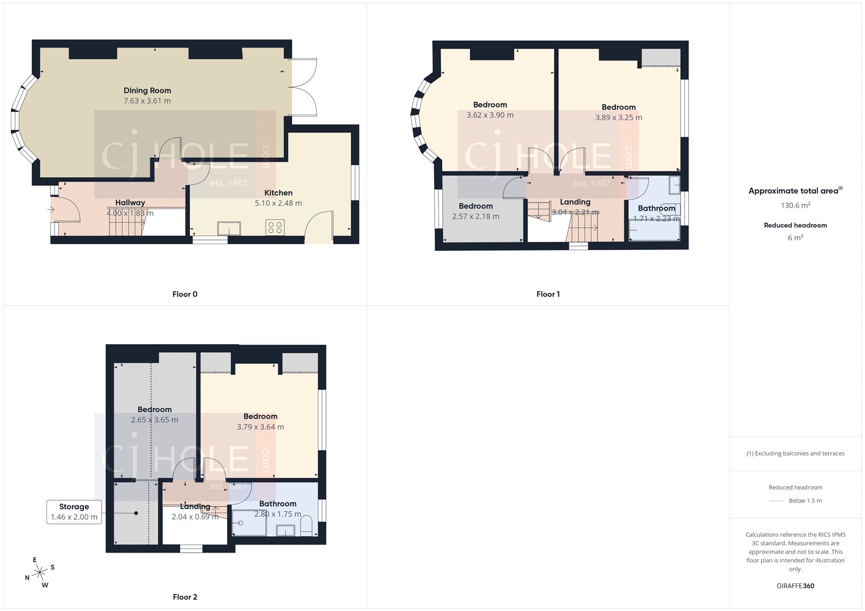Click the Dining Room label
(x=147, y=91)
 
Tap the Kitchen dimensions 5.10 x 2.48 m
(x=278, y=204)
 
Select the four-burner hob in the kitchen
(x=275, y=227)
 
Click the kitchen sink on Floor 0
(x=229, y=229)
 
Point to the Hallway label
(x=130, y=203)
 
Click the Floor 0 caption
(x=185, y=294)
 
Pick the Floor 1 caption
(x=548, y=294)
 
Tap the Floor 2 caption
(x=185, y=597)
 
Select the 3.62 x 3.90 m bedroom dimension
(x=490, y=115)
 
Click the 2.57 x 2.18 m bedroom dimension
(x=476, y=217)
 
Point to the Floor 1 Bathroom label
(x=656, y=208)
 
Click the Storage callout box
(x=74, y=512)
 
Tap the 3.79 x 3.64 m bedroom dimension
(x=260, y=427)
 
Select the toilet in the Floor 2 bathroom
(x=306, y=526)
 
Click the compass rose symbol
(x=39, y=573)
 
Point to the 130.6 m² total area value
(x=795, y=205)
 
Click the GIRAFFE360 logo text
(x=795, y=586)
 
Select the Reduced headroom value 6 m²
(x=795, y=238)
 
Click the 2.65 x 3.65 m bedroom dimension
(x=155, y=420)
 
